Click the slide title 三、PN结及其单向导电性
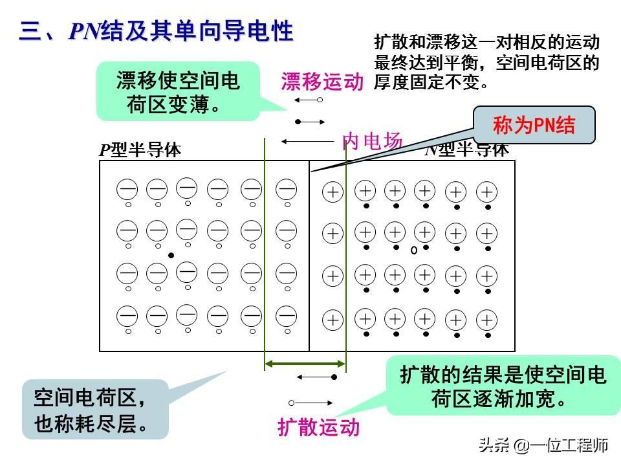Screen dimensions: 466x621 point(156,31)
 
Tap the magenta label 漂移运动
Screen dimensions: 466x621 point(322,82)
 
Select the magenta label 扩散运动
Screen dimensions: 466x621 point(318,427)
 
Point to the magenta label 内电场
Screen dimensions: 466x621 point(372,141)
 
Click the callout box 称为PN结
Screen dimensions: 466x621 point(534,125)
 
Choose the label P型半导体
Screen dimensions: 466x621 point(140,150)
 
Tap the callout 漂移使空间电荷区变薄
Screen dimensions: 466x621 point(178,92)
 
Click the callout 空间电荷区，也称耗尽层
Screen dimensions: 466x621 point(94,409)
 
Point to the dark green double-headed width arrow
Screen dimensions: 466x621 point(305,365)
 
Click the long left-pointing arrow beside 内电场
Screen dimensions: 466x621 point(307,141)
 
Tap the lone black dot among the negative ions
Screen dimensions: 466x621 point(171,255)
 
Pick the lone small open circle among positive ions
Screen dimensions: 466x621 point(413,250)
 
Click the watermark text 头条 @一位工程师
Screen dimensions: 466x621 point(543,445)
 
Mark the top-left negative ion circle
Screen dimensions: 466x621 point(127,190)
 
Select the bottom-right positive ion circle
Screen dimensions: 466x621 point(486,320)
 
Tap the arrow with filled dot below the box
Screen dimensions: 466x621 point(316,377)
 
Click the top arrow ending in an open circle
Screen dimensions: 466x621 point(309,100)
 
